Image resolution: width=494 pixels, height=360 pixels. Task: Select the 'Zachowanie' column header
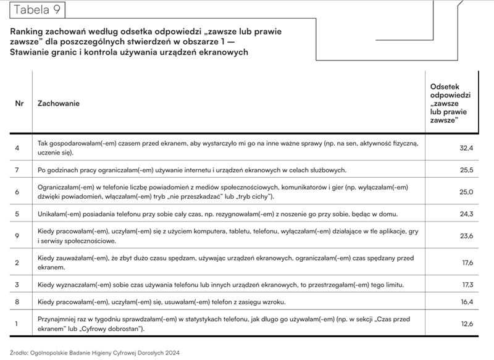tap(59, 104)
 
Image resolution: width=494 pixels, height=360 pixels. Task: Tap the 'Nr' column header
tap(19, 104)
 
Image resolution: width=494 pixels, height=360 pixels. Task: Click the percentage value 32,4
tap(466, 149)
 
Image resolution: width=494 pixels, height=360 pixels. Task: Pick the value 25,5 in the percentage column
tap(466, 170)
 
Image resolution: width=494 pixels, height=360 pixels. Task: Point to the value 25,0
tap(466, 192)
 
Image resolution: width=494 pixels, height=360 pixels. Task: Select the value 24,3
tap(466, 214)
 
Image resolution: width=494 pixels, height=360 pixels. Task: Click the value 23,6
tap(466, 235)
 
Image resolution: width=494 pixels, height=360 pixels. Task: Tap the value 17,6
tap(466, 263)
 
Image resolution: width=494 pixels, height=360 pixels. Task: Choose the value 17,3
tap(466, 285)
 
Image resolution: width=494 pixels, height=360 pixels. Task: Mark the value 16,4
tap(466, 302)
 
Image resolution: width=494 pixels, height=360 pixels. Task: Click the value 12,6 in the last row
tap(466, 322)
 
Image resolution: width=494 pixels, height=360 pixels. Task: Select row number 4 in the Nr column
tap(17, 148)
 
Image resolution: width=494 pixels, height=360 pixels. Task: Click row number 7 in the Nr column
tap(17, 170)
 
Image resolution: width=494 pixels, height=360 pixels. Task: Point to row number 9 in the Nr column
tap(17, 235)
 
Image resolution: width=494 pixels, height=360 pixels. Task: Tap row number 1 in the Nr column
tap(17, 322)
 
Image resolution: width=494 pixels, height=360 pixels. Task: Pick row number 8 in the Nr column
tap(17, 302)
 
